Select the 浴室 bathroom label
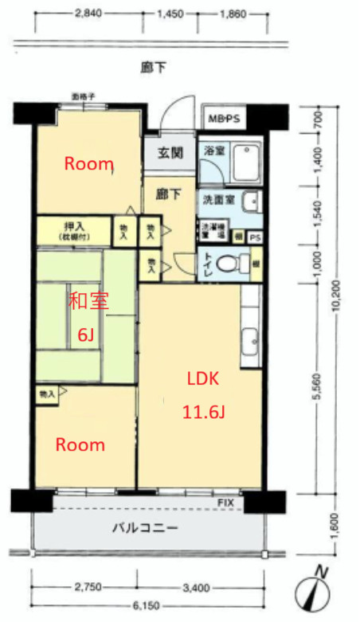pyautogui.click(x=213, y=151)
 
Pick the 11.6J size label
pyautogui.click(x=202, y=413)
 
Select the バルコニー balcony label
pyautogui.click(x=144, y=528)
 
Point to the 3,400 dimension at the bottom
pyautogui.click(x=195, y=588)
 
